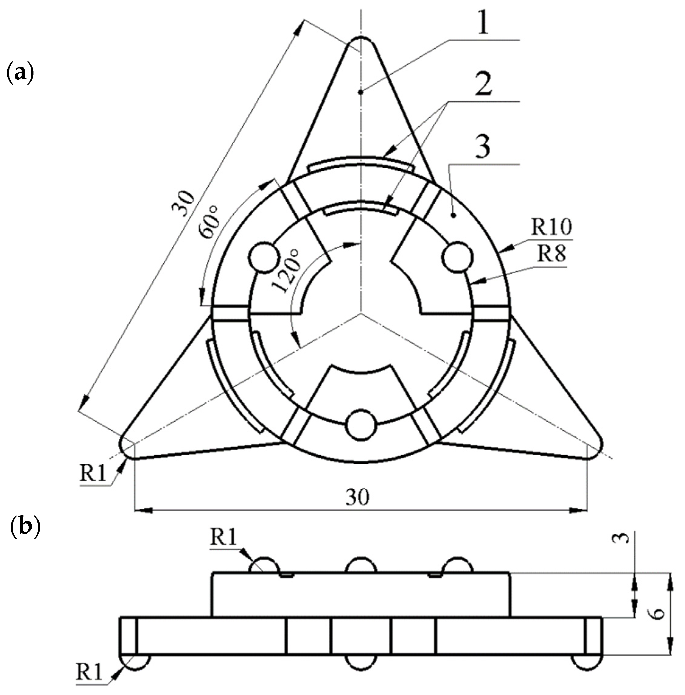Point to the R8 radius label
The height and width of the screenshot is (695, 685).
(x=551, y=253)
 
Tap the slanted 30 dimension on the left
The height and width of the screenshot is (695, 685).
(x=183, y=204)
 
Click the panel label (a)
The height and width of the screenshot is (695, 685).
(x=20, y=72)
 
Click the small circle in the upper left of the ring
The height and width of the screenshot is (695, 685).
(x=264, y=257)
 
